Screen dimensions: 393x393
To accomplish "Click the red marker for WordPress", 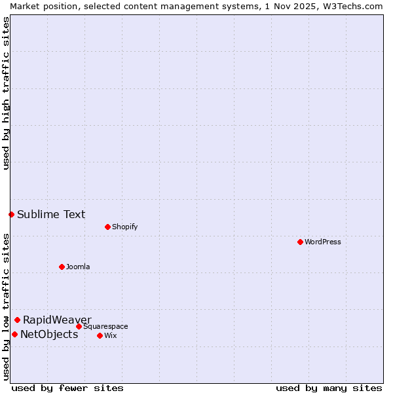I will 300,242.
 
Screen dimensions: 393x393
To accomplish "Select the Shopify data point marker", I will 107,227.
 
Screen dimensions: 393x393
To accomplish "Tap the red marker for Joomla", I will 62,267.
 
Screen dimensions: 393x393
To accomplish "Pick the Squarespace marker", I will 79,326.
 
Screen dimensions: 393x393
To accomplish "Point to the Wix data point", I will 100,335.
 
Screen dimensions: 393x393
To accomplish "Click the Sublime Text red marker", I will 11,214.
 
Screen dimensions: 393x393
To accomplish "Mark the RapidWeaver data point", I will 17,320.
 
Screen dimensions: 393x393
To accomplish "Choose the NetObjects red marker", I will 14,334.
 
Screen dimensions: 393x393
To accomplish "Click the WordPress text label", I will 323,242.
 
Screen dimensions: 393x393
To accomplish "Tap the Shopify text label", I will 124,227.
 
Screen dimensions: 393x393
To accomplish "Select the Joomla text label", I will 78,267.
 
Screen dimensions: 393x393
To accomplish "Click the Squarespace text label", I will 105,326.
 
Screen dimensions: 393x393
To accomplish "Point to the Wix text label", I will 111,335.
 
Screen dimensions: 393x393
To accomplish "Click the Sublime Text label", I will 51,214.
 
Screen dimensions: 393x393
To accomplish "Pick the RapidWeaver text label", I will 57,320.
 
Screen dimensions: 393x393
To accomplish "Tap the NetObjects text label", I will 49,335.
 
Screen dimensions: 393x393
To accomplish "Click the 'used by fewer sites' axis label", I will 67,388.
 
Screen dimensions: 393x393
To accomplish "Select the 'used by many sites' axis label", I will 329,388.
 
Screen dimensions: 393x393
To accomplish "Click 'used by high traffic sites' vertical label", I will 6,93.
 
